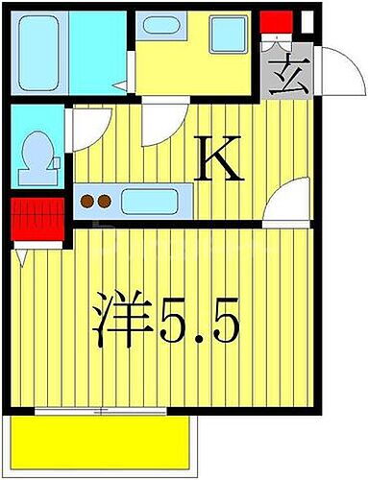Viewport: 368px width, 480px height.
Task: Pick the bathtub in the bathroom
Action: tap(39, 48)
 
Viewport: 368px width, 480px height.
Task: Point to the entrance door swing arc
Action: tap(335, 67)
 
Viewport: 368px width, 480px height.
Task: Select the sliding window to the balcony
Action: tap(106, 412)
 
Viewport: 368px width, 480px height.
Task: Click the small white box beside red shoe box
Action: tap(307, 19)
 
